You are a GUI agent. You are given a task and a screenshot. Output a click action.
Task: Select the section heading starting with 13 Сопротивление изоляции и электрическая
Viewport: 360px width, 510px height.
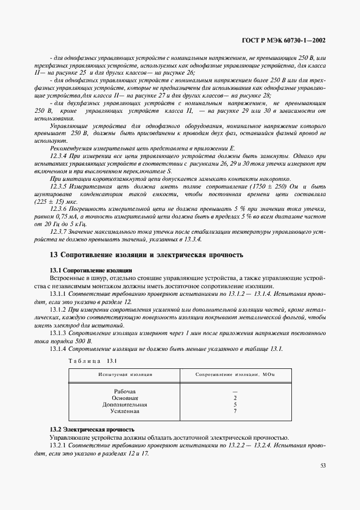[146, 255]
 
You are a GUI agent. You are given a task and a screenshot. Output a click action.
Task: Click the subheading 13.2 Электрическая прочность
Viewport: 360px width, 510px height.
[91, 430]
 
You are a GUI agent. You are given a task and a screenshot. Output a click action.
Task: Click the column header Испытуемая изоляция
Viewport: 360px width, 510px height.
[125, 375]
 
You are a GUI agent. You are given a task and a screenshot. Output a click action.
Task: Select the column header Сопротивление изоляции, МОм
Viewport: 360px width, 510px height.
[235, 375]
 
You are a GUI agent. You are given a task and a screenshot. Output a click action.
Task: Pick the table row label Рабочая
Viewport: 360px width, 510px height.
[125, 391]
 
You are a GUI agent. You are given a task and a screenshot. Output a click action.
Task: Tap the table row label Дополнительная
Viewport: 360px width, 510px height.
[125, 405]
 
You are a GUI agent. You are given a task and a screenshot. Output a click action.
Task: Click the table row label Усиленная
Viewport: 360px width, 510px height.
[125, 411]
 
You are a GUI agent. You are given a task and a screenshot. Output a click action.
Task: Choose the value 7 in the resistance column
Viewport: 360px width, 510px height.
[234, 411]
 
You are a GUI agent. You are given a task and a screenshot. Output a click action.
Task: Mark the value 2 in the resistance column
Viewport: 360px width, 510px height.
[234, 398]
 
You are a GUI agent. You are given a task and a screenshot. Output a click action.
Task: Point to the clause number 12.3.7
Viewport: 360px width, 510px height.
[59, 232]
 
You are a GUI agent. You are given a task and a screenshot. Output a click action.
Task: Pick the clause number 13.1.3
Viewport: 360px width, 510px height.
[58, 332]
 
